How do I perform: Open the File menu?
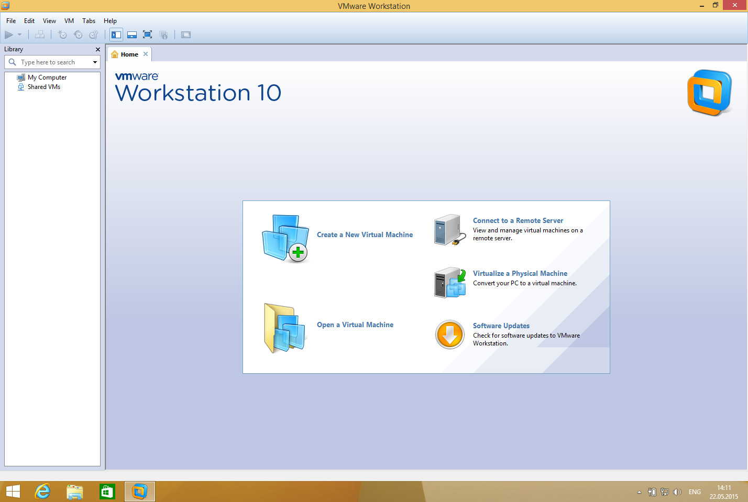point(11,21)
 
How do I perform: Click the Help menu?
point(110,21)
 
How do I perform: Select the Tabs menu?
point(89,21)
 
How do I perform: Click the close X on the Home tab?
point(146,54)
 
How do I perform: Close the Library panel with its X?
point(98,49)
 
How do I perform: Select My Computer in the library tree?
point(47,77)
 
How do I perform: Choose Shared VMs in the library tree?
point(44,87)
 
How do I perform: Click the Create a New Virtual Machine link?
point(365,235)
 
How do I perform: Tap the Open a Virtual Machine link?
point(355,325)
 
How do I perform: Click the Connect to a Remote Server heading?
point(518,220)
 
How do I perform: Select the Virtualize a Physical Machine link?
point(520,273)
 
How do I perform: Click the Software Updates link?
point(501,326)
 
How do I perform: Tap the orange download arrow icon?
point(449,334)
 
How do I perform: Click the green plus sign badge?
point(298,252)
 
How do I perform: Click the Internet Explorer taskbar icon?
point(43,492)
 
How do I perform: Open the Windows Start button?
point(13,492)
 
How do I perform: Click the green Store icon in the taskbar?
point(107,492)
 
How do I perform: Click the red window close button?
point(734,5)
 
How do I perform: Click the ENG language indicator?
point(695,492)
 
